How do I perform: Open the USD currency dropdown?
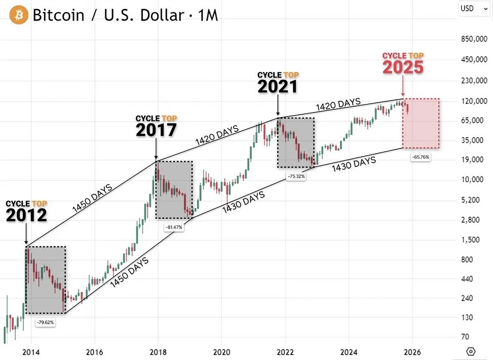[x=474, y=8]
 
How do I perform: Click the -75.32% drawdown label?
[x=296, y=177]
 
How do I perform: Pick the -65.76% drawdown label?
[x=420, y=157]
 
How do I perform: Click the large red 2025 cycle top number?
[x=403, y=67]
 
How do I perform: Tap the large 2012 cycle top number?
[x=26, y=216]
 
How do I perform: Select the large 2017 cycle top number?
[x=156, y=130]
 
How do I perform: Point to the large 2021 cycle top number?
[x=277, y=87]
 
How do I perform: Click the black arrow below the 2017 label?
[x=156, y=148]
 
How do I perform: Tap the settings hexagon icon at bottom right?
[x=471, y=351]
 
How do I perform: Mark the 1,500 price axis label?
[x=471, y=240]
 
